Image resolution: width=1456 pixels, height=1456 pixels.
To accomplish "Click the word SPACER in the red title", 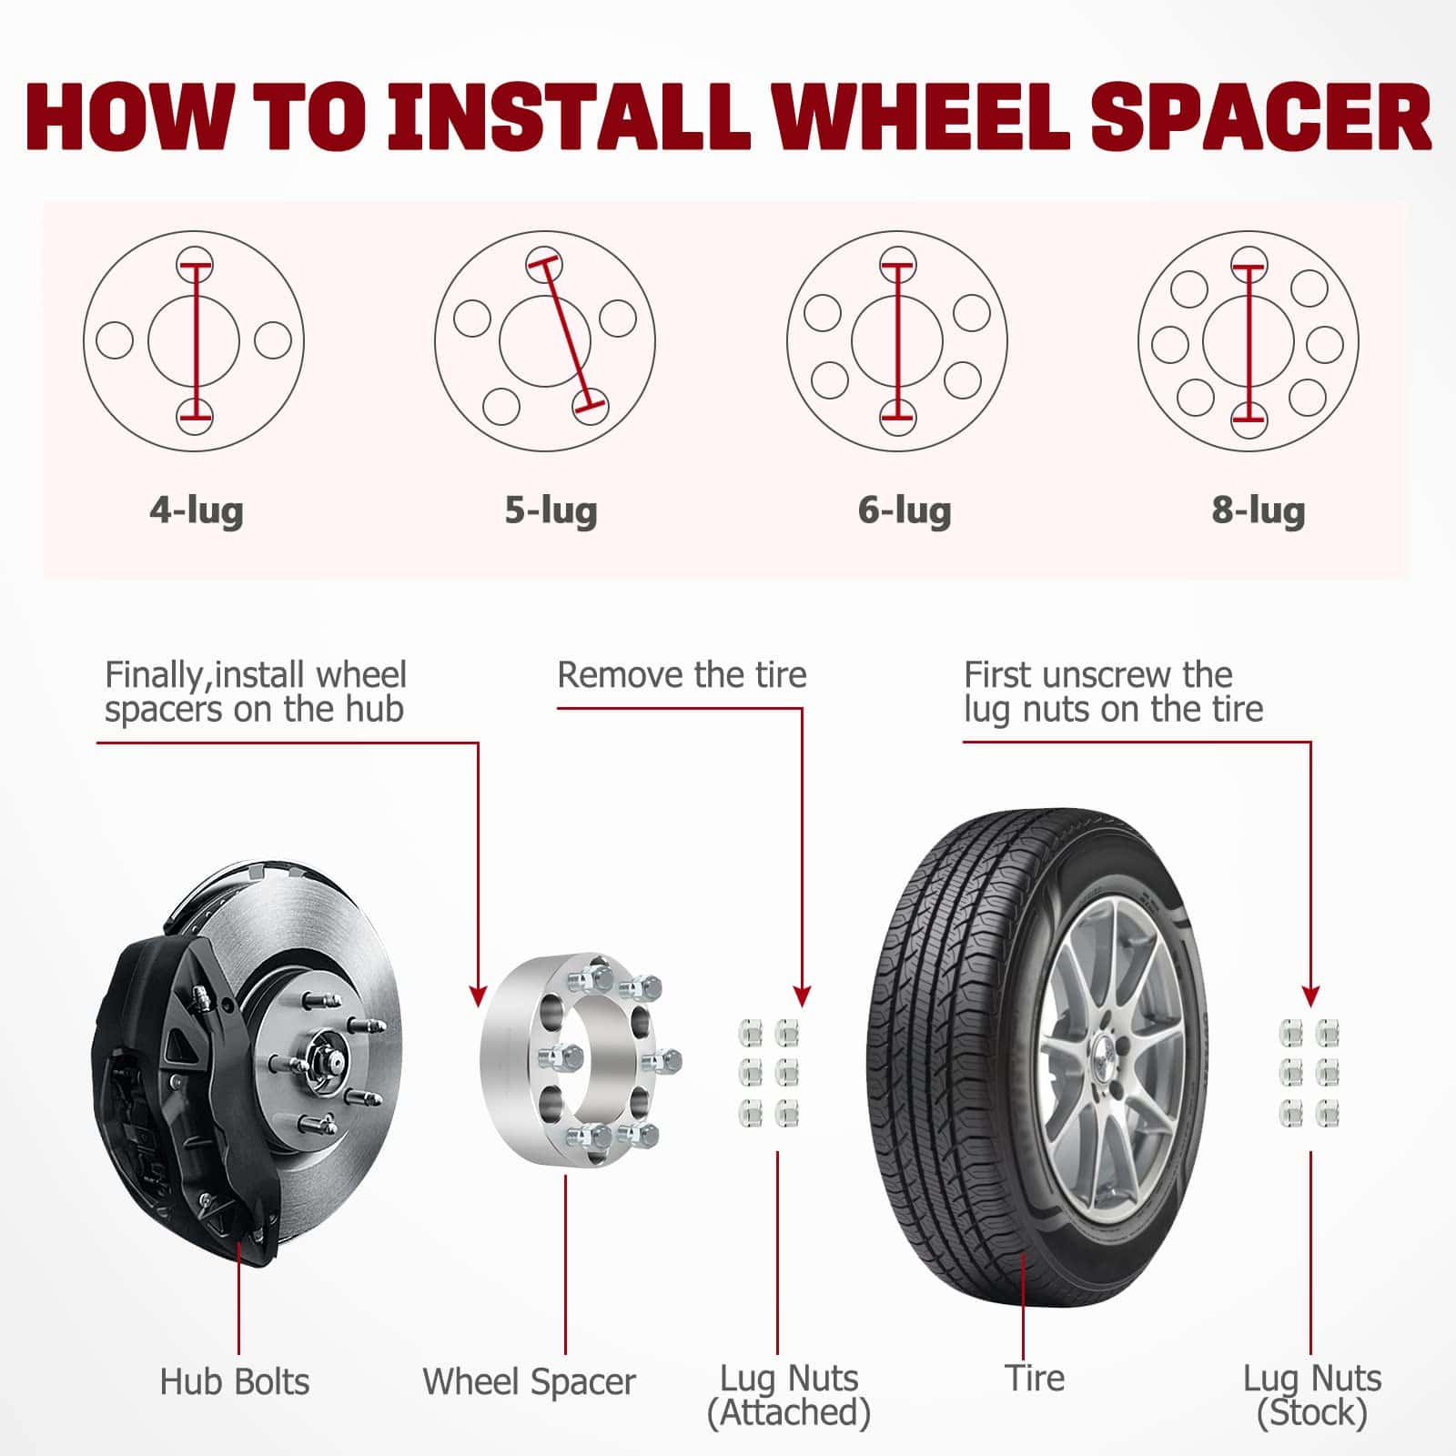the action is (x=1261, y=118).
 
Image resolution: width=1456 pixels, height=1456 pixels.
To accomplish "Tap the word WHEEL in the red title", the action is (x=924, y=118).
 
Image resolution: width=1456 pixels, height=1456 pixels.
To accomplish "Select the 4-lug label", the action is (x=197, y=511).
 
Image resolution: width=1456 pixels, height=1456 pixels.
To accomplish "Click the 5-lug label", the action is (x=551, y=511).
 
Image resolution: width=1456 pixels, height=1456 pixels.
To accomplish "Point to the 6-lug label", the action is (x=905, y=511).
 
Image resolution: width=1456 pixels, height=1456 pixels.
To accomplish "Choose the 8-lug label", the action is (x=1258, y=511).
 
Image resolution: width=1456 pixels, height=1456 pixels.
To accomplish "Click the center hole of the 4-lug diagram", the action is (x=194, y=341).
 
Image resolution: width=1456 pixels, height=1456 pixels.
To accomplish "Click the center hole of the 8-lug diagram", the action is (x=1249, y=341).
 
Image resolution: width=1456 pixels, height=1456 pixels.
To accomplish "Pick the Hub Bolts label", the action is (x=235, y=1382).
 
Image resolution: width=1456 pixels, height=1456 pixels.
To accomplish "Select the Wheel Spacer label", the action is (x=529, y=1382).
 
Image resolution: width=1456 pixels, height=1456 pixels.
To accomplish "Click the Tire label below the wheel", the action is (x=1035, y=1378).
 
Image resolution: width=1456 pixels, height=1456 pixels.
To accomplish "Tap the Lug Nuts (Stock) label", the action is (x=1312, y=1395).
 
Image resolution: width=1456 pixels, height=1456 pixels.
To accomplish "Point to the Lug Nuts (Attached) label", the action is (x=789, y=1395).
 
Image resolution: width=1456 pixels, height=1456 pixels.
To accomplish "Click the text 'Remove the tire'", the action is (x=682, y=675).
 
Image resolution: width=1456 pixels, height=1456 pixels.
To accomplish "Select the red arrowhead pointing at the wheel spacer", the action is (x=478, y=996).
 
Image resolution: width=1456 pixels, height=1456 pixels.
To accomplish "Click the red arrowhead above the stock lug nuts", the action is (x=1310, y=996).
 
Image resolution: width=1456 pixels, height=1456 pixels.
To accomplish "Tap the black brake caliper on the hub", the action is (x=173, y=1092).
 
